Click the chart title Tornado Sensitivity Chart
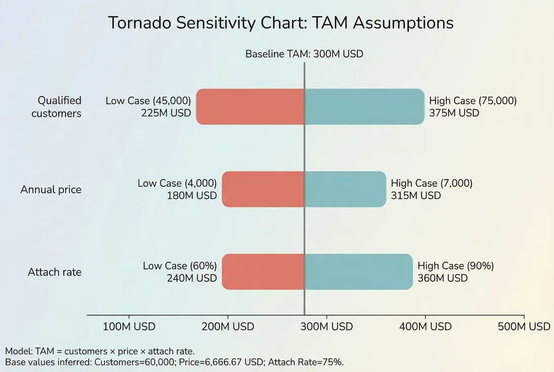pos(281,23)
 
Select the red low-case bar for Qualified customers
pos(250,107)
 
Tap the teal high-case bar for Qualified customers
pos(364,107)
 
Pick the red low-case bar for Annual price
pos(263,189)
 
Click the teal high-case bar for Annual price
pos(345,189)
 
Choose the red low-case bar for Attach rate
pos(263,272)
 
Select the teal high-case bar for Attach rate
pos(358,272)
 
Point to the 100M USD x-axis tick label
pos(129,327)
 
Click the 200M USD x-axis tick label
pos(227,327)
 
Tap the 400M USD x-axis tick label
pos(425,327)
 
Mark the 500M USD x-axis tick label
pos(524,327)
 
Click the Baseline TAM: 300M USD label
pos(304,54)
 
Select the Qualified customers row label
pos(56,107)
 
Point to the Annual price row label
pos(51,189)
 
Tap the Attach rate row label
pos(54,272)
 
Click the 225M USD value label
pos(166,113)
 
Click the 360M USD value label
pos(442,278)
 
